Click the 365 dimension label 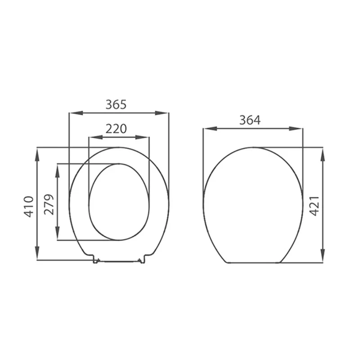click(116, 104)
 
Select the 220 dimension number click(116, 129)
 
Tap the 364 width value click(250, 120)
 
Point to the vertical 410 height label click(29, 207)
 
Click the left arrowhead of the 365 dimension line click(72, 113)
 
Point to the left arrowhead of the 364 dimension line click(207, 129)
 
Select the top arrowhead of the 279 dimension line click(58, 168)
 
